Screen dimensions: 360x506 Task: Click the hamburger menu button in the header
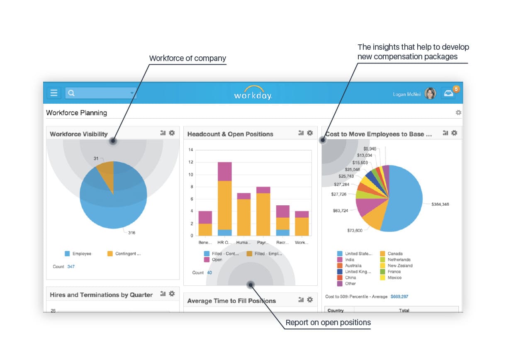point(54,93)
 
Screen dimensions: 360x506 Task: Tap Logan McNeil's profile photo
point(430,94)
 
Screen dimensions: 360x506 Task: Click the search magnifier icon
point(71,93)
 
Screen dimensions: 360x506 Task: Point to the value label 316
point(131,233)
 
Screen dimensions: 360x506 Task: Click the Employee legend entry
point(78,254)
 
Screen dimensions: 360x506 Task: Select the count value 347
point(71,267)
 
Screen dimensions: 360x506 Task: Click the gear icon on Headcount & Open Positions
point(310,133)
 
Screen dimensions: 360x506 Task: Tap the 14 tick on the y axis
point(191,150)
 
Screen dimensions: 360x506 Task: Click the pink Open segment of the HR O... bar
point(225,171)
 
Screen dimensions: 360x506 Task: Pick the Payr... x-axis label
point(263,243)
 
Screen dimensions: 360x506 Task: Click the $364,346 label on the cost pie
point(440,204)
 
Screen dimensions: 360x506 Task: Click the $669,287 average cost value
point(399,297)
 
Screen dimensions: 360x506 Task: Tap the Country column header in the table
point(336,310)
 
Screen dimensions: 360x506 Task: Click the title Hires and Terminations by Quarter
point(101,295)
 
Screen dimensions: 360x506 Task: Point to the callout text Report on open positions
point(328,323)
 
